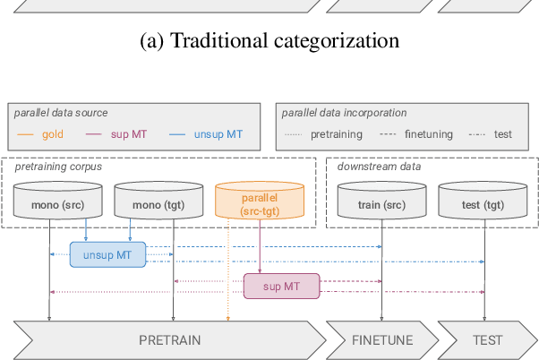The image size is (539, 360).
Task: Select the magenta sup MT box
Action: [282, 286]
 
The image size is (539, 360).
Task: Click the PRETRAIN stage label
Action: [169, 340]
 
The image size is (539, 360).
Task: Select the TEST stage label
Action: [487, 340]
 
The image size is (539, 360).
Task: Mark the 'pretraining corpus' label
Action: [57, 166]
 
